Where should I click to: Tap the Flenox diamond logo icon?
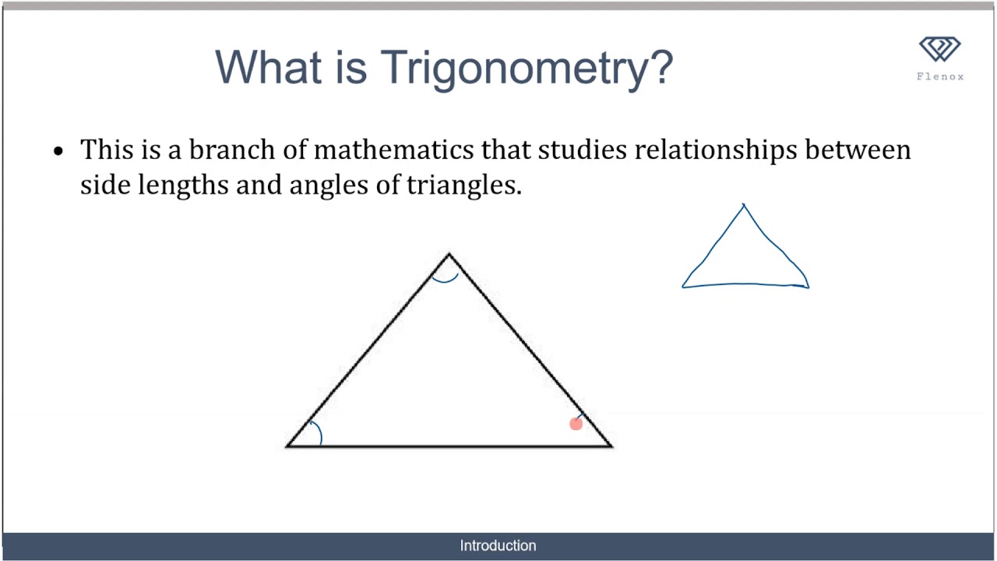[940, 49]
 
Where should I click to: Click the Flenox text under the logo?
[940, 76]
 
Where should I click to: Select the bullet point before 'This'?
[58, 150]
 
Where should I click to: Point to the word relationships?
[716, 150]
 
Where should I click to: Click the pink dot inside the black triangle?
[576, 424]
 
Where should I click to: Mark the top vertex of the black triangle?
[449, 254]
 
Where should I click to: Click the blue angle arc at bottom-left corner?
[316, 432]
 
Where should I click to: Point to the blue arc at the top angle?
[446, 277]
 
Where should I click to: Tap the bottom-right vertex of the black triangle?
[611, 446]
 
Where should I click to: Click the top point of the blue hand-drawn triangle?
[744, 206]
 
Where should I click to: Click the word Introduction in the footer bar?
[498, 545]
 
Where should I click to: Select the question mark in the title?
[659, 67]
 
